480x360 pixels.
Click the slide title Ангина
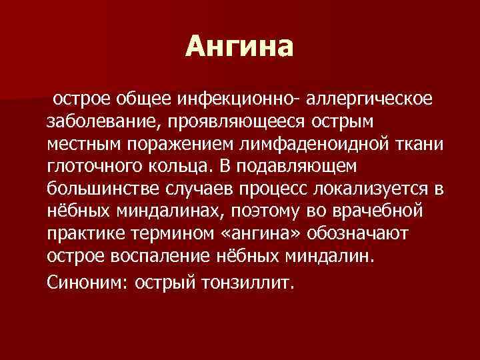[x=239, y=46]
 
